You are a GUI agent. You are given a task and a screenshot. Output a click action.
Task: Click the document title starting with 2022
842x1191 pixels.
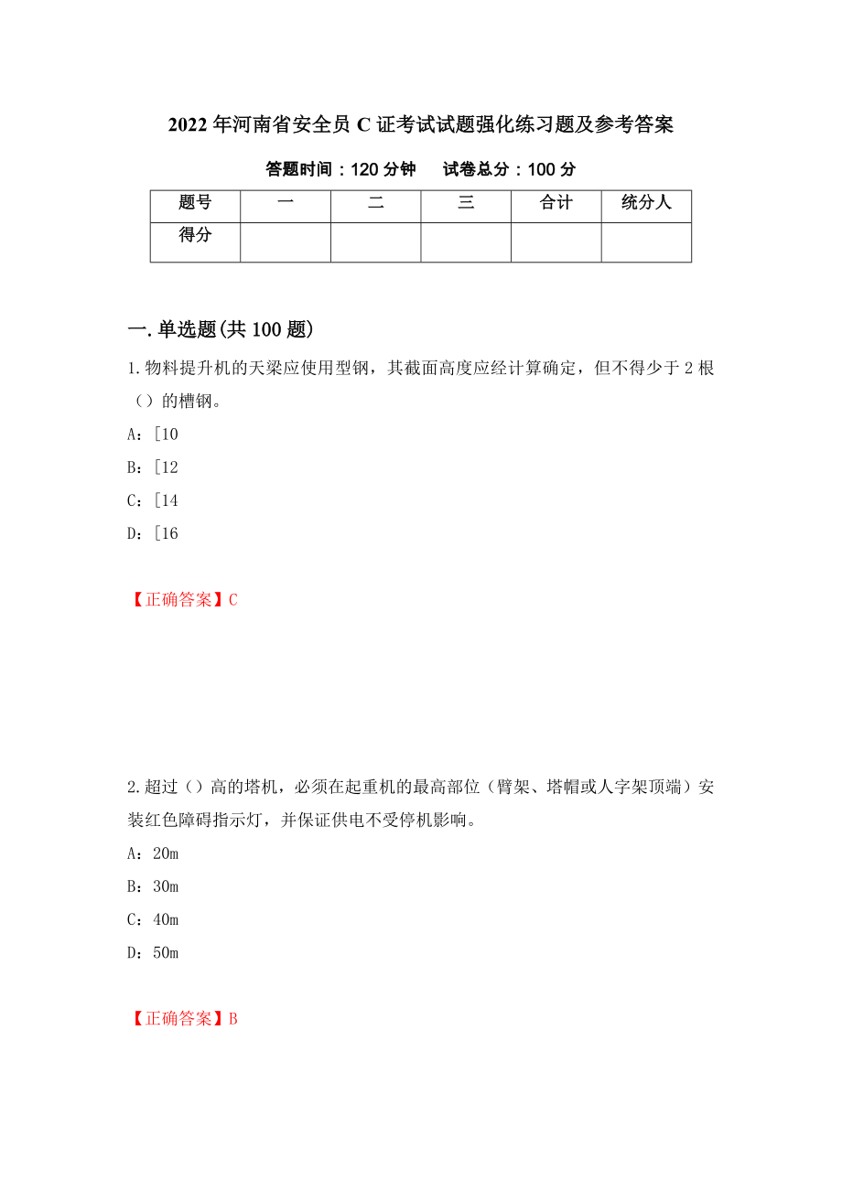point(421,125)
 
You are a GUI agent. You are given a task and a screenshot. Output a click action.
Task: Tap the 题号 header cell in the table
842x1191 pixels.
point(195,203)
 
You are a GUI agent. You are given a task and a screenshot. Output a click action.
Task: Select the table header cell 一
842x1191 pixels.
point(286,203)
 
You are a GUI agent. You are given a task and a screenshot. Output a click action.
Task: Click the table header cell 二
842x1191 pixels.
point(376,203)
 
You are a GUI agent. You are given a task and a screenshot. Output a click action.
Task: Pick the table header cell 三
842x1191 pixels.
point(466,203)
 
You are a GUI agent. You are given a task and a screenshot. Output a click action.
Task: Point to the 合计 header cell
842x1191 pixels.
point(556,203)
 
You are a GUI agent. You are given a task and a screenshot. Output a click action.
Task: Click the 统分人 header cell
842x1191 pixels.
point(646,203)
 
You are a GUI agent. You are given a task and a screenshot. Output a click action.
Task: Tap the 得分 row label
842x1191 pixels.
point(195,235)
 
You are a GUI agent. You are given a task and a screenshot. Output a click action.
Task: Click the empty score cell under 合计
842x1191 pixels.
point(556,242)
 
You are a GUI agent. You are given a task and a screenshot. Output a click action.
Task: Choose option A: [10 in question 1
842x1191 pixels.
point(152,435)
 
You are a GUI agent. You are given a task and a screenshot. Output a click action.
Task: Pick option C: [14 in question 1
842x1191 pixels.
point(152,500)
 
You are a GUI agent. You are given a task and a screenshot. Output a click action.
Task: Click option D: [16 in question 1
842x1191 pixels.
point(152,533)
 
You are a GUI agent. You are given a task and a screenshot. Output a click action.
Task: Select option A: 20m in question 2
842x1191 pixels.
point(152,853)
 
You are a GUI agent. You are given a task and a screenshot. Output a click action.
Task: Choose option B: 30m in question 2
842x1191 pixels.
point(152,886)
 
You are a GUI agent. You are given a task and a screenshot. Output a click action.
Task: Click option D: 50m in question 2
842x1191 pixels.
point(152,952)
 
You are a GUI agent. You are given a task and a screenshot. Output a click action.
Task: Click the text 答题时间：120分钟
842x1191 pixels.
point(340,169)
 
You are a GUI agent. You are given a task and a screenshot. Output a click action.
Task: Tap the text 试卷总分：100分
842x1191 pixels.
point(510,169)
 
